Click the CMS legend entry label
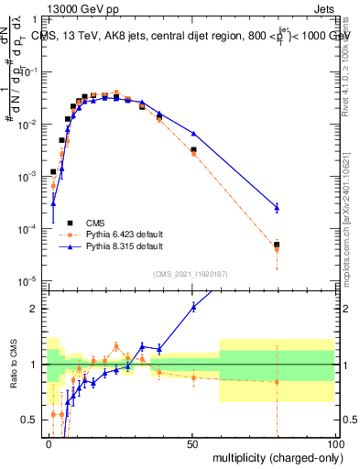96,223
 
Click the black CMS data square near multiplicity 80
277,245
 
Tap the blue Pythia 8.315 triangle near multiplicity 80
277,208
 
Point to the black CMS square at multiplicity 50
193,149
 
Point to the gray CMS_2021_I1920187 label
192,273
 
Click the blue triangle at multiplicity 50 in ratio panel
193,307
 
